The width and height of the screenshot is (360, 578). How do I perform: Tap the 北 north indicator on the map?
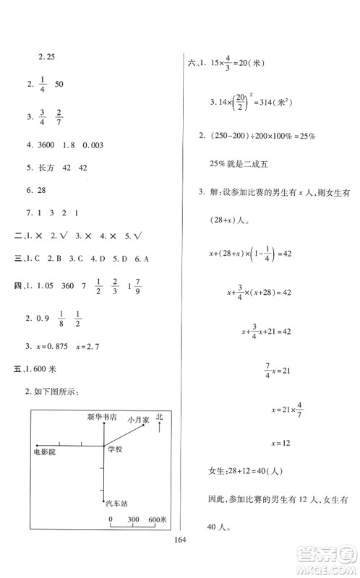pos(160,418)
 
